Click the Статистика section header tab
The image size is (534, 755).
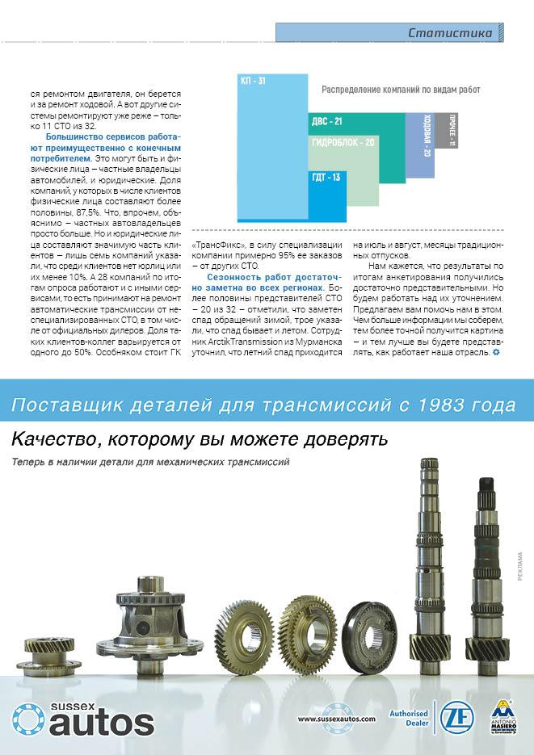click(450, 33)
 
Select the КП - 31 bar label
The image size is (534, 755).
click(253, 81)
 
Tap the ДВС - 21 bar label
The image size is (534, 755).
click(326, 121)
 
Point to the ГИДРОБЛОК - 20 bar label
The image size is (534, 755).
click(343, 142)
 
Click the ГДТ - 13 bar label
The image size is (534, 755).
click(325, 177)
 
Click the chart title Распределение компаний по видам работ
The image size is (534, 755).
click(401, 90)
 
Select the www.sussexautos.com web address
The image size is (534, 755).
click(337, 718)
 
